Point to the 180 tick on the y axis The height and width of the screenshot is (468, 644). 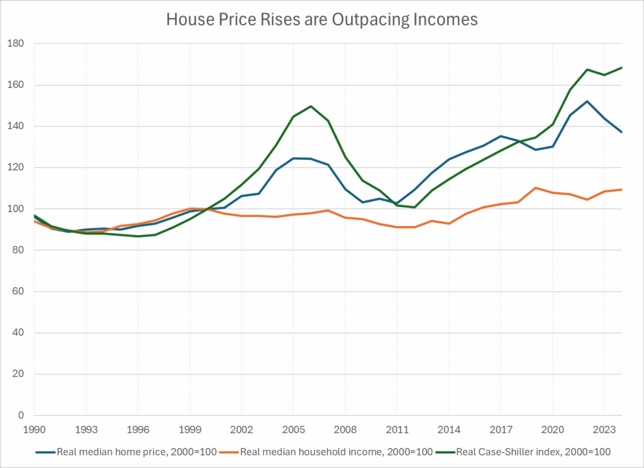[16, 44]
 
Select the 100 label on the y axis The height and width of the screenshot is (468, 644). [16, 209]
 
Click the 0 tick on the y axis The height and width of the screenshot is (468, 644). [20, 416]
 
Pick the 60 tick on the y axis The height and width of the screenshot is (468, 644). [18, 292]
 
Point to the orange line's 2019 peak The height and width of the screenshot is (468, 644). [535, 187]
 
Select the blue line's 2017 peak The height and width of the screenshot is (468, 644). [501, 136]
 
